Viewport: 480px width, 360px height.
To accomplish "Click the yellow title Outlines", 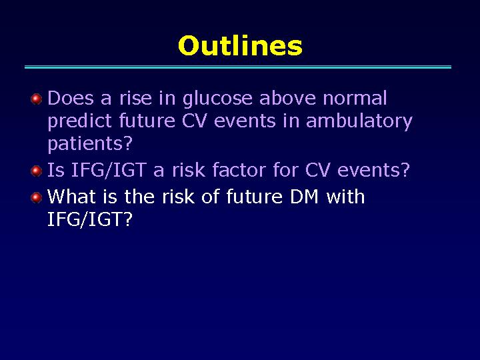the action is (x=240, y=45).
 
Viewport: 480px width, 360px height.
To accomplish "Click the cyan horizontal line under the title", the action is (x=238, y=67).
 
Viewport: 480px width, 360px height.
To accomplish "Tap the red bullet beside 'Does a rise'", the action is (x=37, y=99).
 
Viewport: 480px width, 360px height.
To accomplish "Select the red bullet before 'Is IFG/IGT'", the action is (x=37, y=171).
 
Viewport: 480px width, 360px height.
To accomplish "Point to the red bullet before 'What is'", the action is (x=37, y=197).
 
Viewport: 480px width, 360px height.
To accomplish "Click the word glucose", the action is (x=217, y=99).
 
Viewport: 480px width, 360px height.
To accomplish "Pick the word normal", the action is (x=355, y=98).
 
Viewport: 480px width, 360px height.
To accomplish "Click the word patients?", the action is (x=90, y=143).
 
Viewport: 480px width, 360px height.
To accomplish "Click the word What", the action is (x=71, y=196).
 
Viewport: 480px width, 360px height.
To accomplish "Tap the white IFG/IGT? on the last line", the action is (x=90, y=219).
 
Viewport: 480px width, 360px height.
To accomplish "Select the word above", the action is (x=287, y=98).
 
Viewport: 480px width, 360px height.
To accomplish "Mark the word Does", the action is (x=71, y=98).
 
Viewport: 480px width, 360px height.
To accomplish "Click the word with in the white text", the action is (x=345, y=196).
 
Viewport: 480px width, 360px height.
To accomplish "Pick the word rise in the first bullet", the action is (x=135, y=98).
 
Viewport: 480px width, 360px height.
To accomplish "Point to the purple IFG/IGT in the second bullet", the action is (x=108, y=169).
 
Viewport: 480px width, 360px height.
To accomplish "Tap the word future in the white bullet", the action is (x=255, y=196).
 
